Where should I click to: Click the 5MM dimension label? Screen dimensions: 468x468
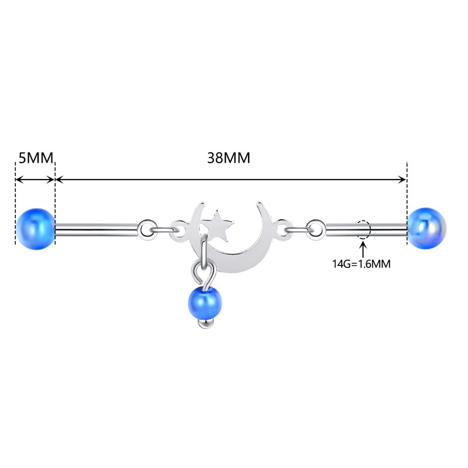pos(35,159)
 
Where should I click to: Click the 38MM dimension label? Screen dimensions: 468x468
pos(229,159)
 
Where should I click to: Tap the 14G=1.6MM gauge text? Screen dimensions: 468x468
pos(362,263)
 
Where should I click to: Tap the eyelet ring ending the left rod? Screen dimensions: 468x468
pos(147,226)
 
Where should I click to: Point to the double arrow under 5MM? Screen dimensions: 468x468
pos(35,180)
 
